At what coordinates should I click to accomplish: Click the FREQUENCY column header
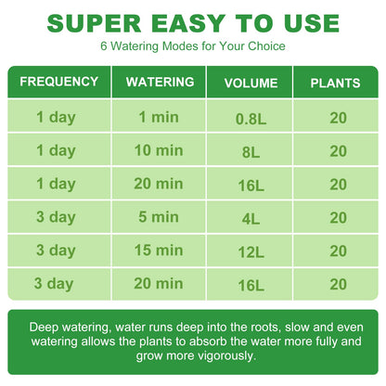[59, 82]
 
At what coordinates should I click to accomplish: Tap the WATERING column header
[160, 82]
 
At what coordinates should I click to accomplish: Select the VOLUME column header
[251, 84]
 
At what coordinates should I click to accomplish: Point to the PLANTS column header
[335, 84]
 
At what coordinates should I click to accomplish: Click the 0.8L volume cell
[251, 119]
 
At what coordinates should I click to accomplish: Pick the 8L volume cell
[251, 152]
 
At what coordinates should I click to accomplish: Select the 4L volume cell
[251, 219]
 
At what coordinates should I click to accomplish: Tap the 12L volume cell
[251, 252]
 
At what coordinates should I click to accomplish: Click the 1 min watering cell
[159, 118]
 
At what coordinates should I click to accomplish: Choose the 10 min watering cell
[159, 150]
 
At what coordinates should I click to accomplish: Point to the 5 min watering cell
[159, 217]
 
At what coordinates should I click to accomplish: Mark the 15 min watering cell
[159, 251]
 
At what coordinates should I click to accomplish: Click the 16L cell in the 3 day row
[251, 286]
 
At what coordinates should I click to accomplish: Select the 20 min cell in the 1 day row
[159, 184]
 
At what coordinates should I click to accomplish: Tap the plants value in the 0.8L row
[338, 119]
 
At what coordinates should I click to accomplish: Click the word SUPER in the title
[94, 23]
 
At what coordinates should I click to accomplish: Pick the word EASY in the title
[188, 23]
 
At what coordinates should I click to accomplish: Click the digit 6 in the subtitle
[104, 46]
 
